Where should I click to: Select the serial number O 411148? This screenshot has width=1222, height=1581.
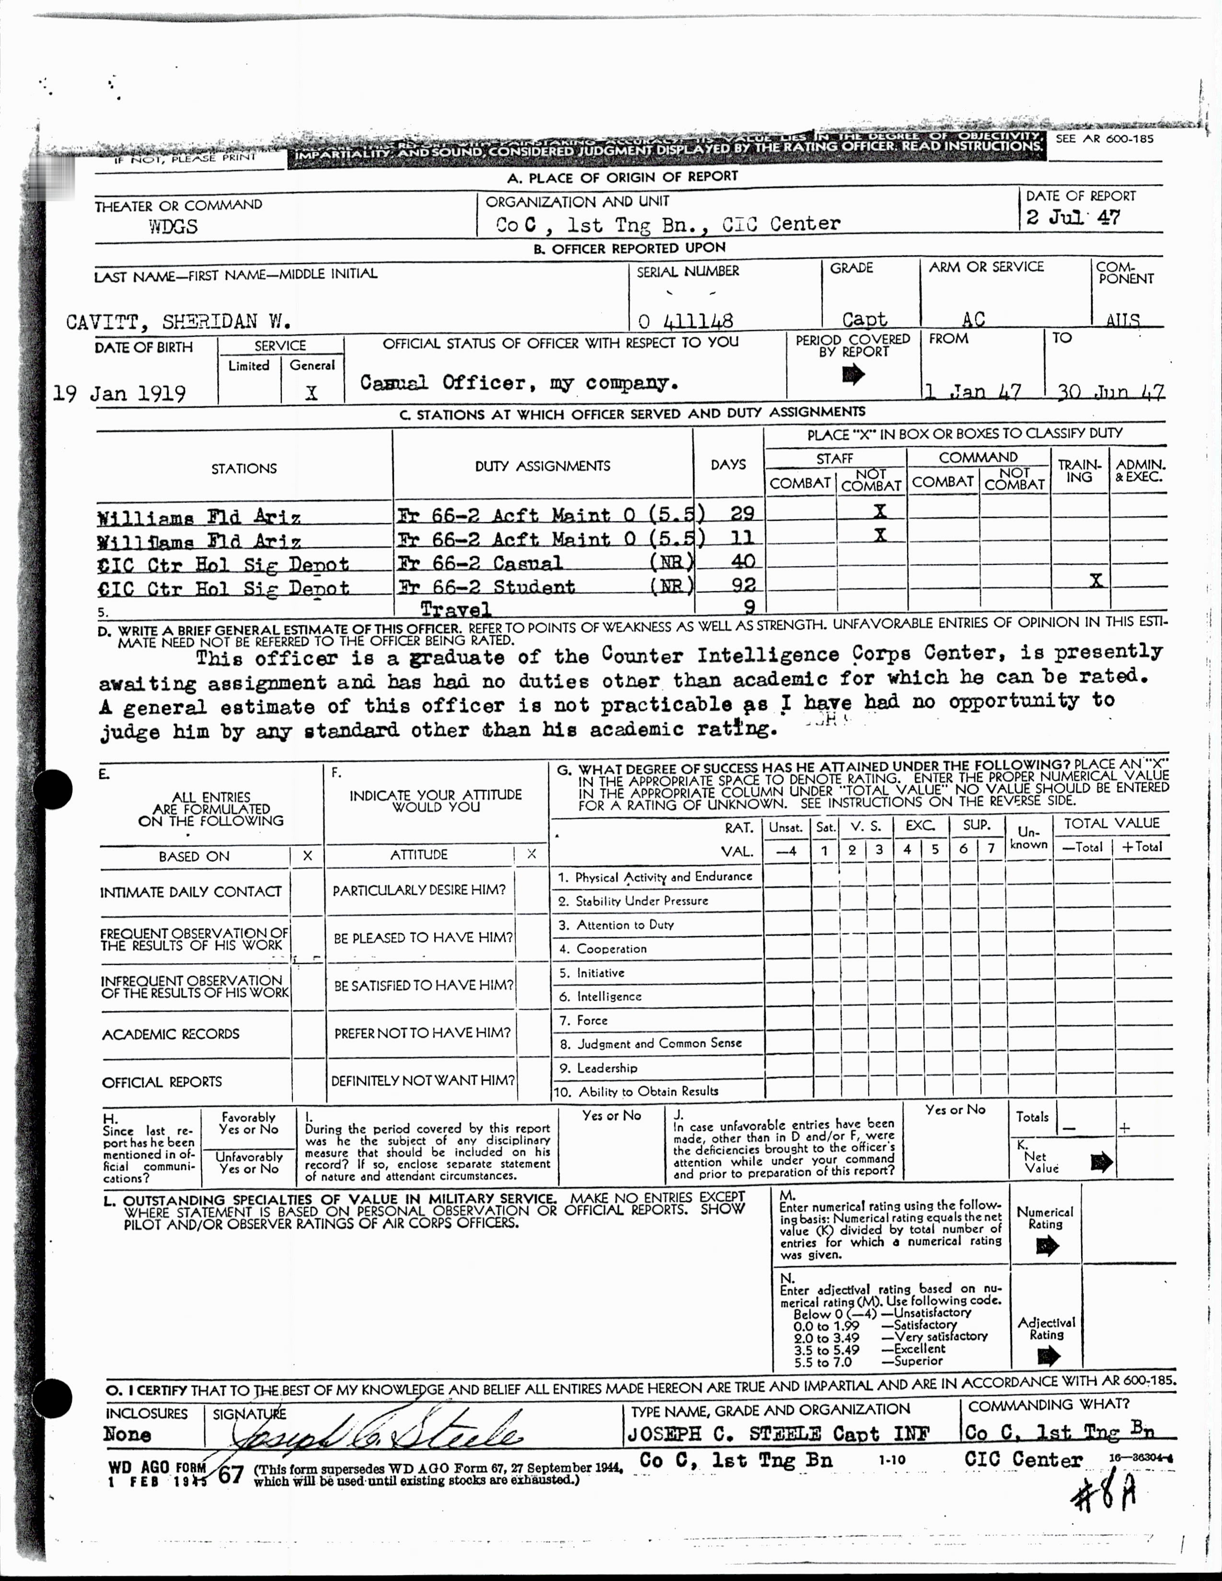tap(686, 320)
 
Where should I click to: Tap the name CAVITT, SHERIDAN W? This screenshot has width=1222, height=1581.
tap(179, 321)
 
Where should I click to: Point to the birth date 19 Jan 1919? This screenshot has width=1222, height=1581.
tap(119, 393)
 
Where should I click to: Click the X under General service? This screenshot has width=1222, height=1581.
tap(311, 393)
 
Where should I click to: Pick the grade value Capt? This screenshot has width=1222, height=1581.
tap(865, 319)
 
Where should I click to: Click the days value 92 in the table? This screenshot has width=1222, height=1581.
tap(743, 584)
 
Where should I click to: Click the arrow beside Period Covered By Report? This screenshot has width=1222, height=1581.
tap(853, 374)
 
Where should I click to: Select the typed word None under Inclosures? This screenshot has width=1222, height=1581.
tap(127, 1434)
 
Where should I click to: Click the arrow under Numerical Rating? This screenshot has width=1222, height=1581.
tap(1047, 1246)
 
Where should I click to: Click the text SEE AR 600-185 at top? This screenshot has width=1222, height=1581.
tap(1104, 138)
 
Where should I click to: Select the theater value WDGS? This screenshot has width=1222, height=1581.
tap(173, 227)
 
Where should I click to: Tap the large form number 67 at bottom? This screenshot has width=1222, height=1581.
tap(231, 1475)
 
